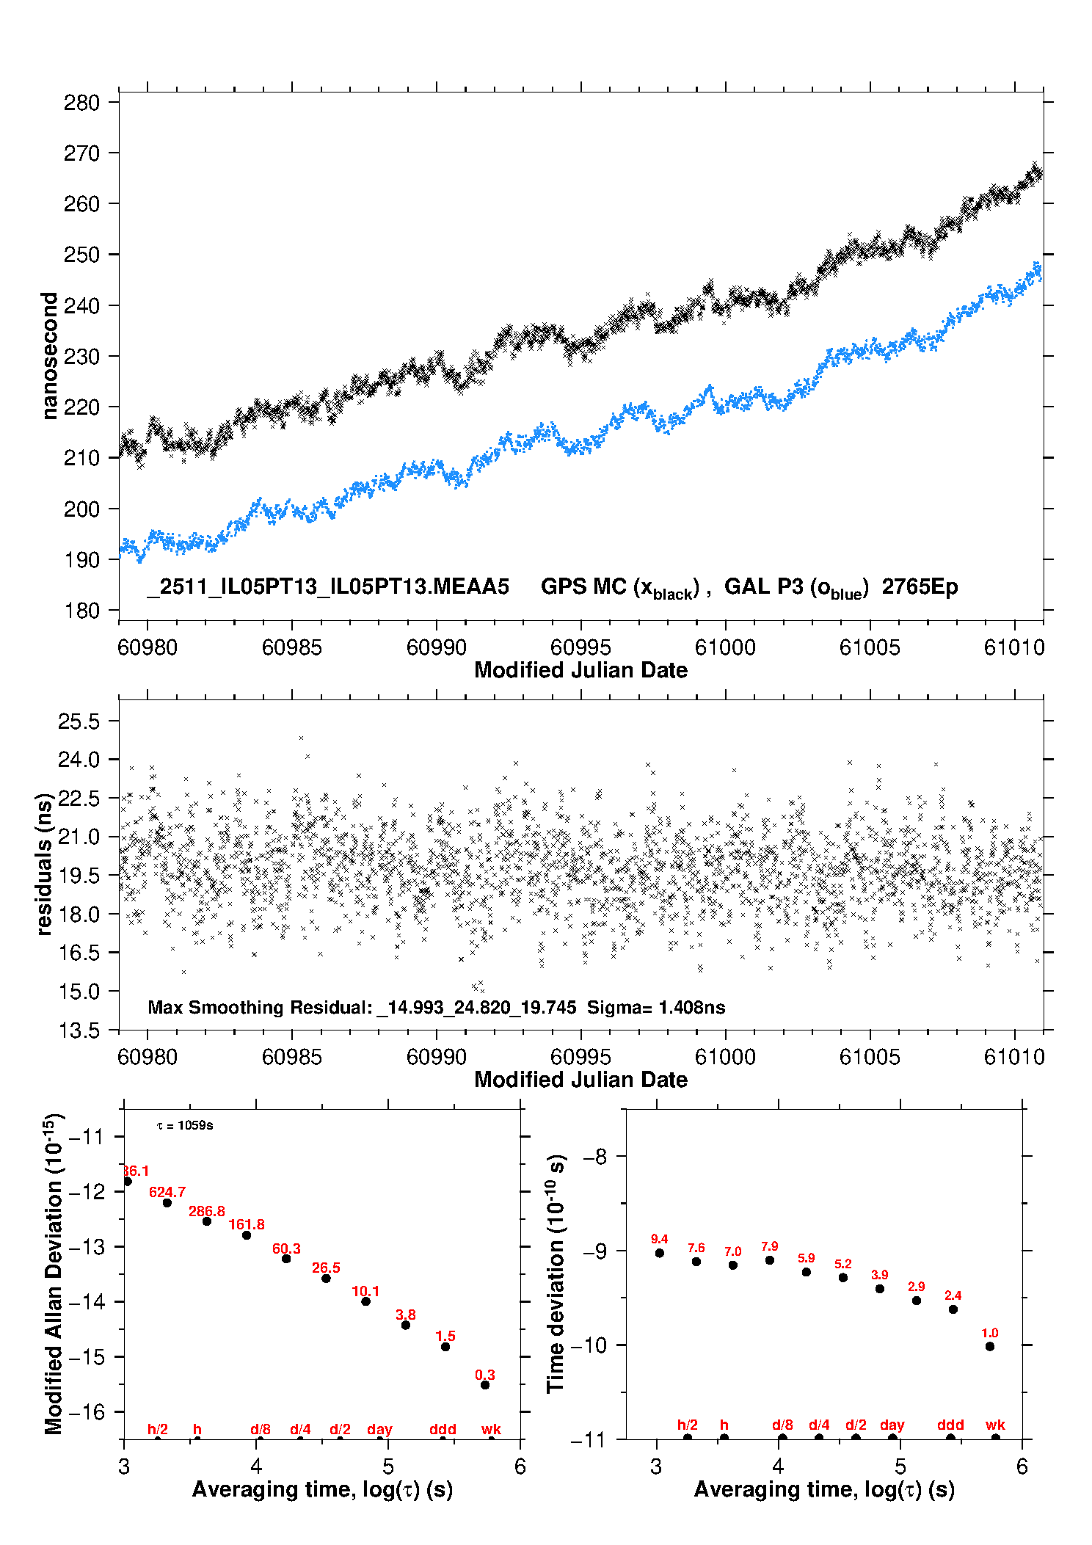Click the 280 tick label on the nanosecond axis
81,103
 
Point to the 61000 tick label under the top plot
725,647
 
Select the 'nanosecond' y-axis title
49,355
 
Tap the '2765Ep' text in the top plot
920,587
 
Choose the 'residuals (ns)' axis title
44,864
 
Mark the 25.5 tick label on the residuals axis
79,721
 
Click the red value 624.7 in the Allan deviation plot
167,1192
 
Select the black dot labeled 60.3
286,1259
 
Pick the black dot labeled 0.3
484,1385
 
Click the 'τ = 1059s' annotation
185,1126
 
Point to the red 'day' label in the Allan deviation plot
379,1429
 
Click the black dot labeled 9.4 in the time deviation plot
660,1253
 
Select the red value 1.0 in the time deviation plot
989,1333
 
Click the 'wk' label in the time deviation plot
995,1425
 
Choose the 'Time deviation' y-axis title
556,1273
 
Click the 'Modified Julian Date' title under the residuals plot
580,1080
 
